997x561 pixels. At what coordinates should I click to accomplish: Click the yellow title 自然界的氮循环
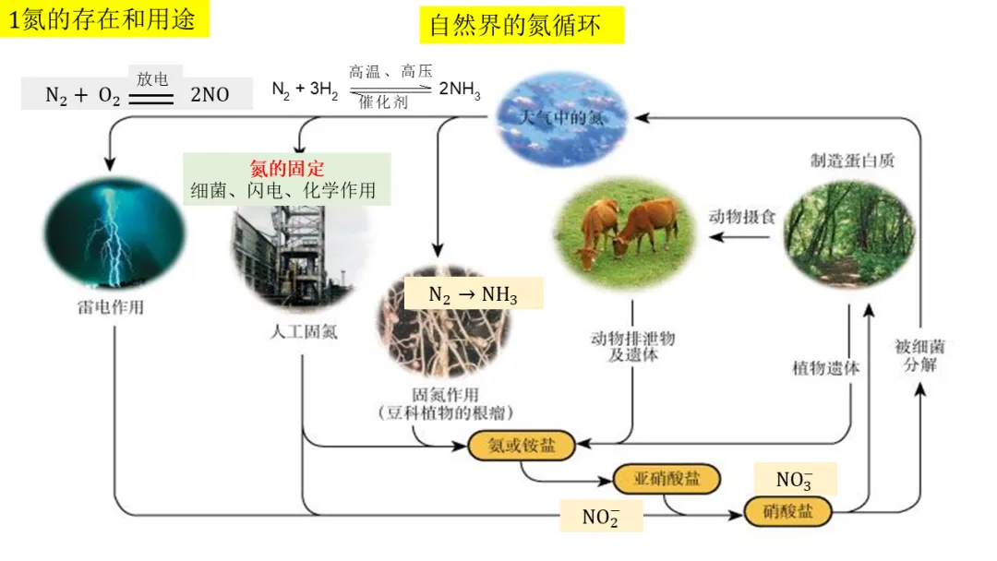[522, 24]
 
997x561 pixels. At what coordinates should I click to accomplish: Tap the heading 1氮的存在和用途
[104, 18]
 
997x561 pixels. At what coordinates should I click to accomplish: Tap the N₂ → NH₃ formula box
[474, 294]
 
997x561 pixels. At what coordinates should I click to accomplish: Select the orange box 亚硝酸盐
[667, 478]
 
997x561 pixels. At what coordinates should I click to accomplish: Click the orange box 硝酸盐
[787, 511]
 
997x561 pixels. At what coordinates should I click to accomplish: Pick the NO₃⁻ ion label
[794, 480]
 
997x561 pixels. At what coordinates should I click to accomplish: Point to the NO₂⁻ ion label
[600, 517]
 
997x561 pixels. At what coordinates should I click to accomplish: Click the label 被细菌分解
[919, 355]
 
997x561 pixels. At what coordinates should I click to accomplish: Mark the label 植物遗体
[825, 367]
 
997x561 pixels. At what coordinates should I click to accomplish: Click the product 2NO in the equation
[210, 94]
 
